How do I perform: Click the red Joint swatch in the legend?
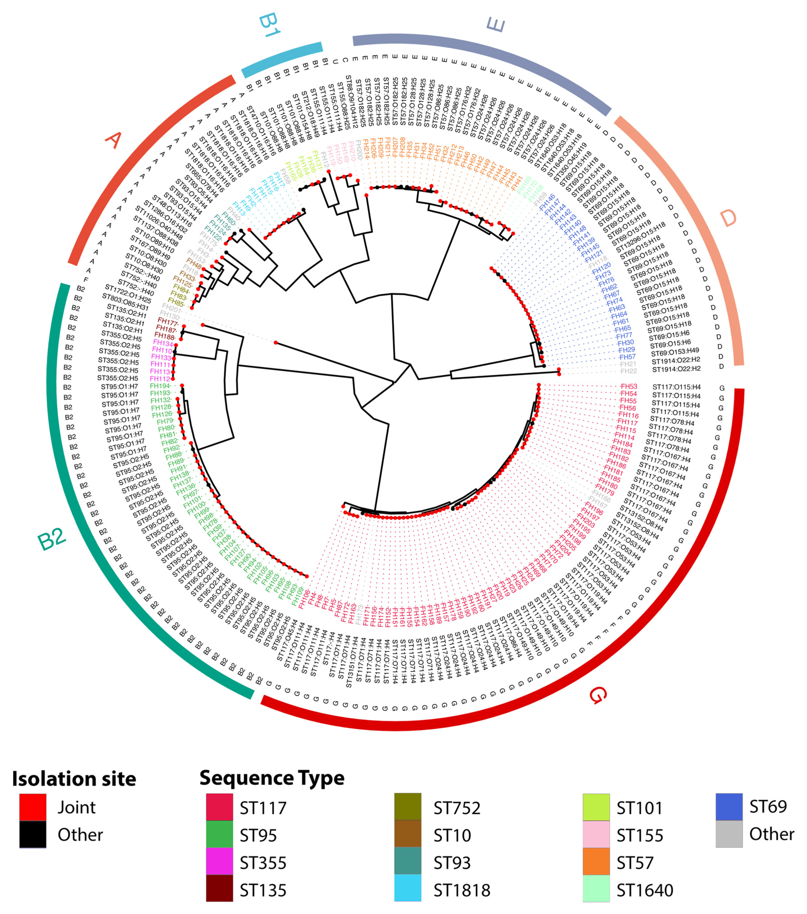tap(33, 807)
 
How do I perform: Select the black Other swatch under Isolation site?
tap(33, 834)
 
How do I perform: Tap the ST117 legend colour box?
tap(219, 807)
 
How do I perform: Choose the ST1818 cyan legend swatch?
tap(407, 890)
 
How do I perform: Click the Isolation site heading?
tap(74, 779)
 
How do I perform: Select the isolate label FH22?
tap(629, 371)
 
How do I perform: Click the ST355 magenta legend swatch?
tap(219, 862)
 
